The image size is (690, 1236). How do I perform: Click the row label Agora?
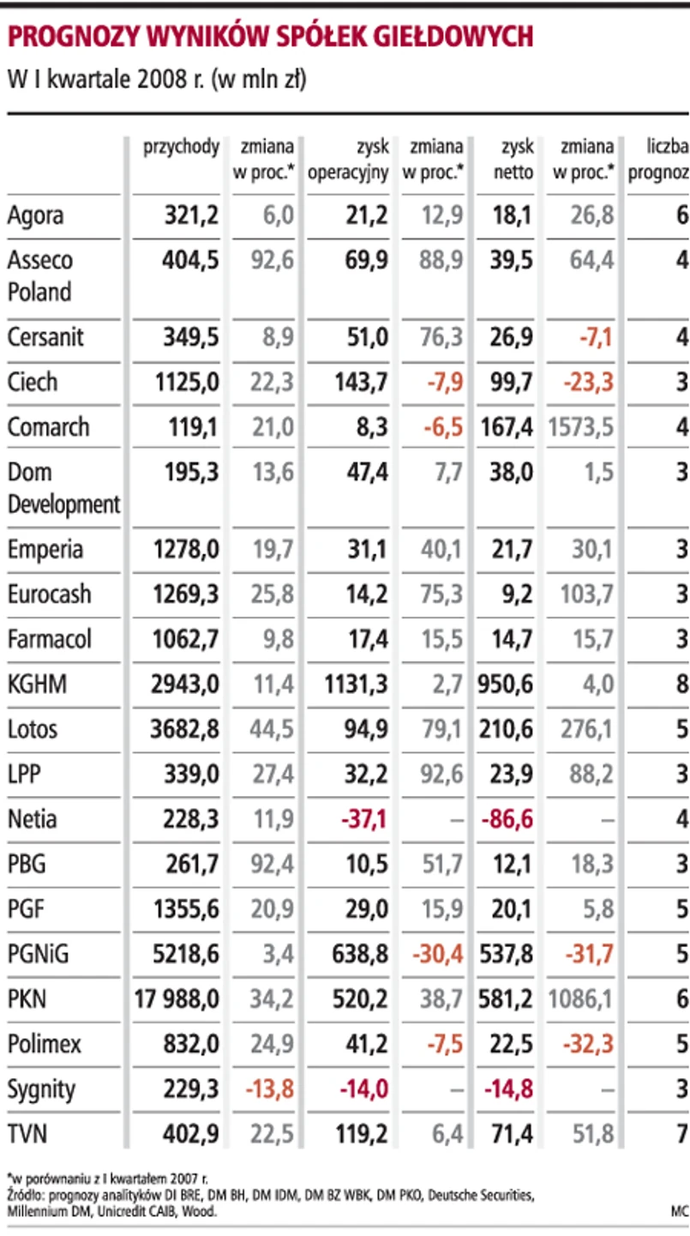35,214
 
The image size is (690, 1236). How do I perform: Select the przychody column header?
181,147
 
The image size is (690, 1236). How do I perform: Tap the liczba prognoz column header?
658,160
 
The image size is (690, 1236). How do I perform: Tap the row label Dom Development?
63,488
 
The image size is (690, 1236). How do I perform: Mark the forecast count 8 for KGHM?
681,684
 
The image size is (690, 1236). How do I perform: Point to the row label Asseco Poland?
40,275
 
